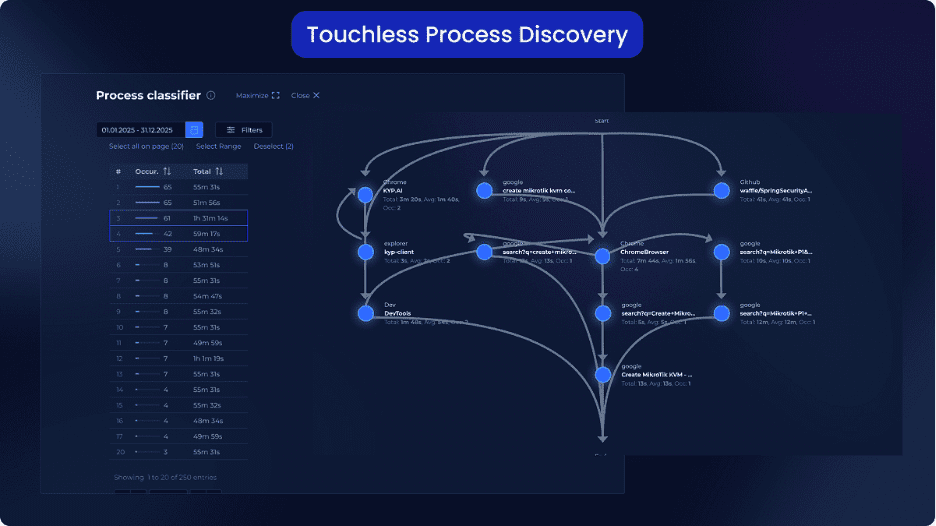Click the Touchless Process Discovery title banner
pyautogui.click(x=467, y=35)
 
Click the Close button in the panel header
pyautogui.click(x=305, y=96)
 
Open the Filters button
pyautogui.click(x=243, y=130)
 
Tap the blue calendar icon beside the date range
pyautogui.click(x=195, y=130)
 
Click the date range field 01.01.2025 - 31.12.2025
pyautogui.click(x=141, y=130)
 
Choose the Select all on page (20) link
pyautogui.click(x=146, y=147)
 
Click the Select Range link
pyautogui.click(x=218, y=147)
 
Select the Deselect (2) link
pyautogui.click(x=273, y=147)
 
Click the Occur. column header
pyautogui.click(x=153, y=171)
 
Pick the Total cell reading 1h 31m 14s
pyautogui.click(x=210, y=218)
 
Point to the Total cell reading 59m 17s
pyautogui.click(x=207, y=234)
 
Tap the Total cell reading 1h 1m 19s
pyautogui.click(x=209, y=358)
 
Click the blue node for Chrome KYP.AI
pyautogui.click(x=365, y=194)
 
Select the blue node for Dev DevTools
pyautogui.click(x=365, y=313)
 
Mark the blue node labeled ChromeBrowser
pyautogui.click(x=602, y=256)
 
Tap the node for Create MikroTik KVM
pyautogui.click(x=602, y=375)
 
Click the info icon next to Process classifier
pyautogui.click(x=211, y=96)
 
